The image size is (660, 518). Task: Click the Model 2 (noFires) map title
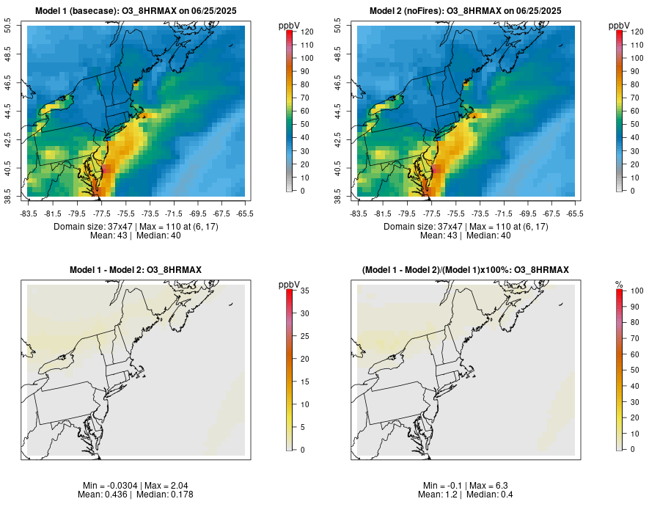coord(466,10)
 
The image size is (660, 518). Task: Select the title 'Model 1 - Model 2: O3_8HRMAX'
coord(136,270)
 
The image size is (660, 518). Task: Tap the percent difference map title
coord(466,270)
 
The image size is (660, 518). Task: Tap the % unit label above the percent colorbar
coord(619,284)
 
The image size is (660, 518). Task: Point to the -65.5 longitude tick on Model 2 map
coord(575,214)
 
